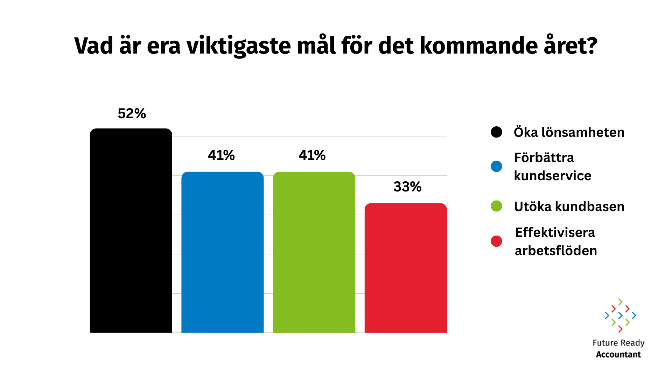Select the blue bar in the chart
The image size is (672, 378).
(x=222, y=252)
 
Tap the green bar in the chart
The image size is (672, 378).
(x=314, y=252)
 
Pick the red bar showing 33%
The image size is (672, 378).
(x=406, y=268)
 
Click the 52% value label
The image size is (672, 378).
(x=132, y=113)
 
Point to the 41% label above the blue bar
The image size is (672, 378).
(x=221, y=155)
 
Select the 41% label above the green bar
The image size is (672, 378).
(x=312, y=155)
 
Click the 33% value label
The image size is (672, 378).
(x=407, y=187)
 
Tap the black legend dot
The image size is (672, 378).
(x=496, y=132)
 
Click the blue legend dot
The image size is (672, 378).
(x=496, y=166)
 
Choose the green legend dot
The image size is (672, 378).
(x=496, y=206)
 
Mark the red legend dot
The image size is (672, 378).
(x=496, y=241)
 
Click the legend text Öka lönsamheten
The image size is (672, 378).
(x=569, y=132)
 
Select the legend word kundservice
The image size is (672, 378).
(x=552, y=176)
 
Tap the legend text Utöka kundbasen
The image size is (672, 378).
(x=569, y=206)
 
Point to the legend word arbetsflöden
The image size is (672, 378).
(x=556, y=251)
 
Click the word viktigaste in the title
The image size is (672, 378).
(x=238, y=46)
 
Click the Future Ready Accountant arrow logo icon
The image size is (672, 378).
(x=620, y=315)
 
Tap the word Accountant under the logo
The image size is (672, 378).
(x=618, y=355)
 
